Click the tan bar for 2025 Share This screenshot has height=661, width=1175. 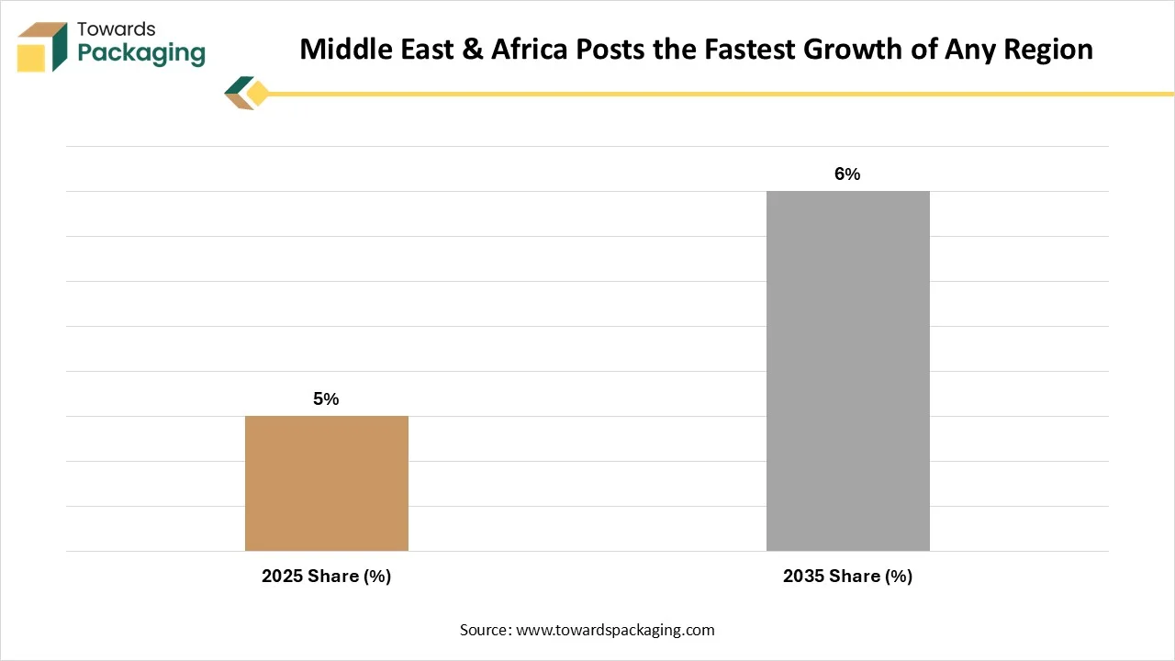pos(326,483)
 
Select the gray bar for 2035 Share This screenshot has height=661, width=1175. pos(847,371)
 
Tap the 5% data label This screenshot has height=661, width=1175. pos(326,398)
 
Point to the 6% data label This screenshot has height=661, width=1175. pos(847,174)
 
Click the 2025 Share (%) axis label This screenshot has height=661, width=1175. pos(326,576)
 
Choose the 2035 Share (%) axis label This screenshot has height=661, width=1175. pos(847,576)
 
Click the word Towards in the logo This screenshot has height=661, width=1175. pos(117,29)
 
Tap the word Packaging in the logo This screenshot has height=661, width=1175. pos(141,53)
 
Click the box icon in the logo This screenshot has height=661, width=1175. pos(42,47)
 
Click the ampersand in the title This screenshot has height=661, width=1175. pos(472,50)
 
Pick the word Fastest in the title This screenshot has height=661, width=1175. pos(750,50)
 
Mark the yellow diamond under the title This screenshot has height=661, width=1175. pos(258,94)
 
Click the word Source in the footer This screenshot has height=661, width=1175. pos(486,630)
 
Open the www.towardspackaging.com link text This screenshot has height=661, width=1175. pos(615,630)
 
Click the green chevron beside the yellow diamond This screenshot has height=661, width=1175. pos(239,86)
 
